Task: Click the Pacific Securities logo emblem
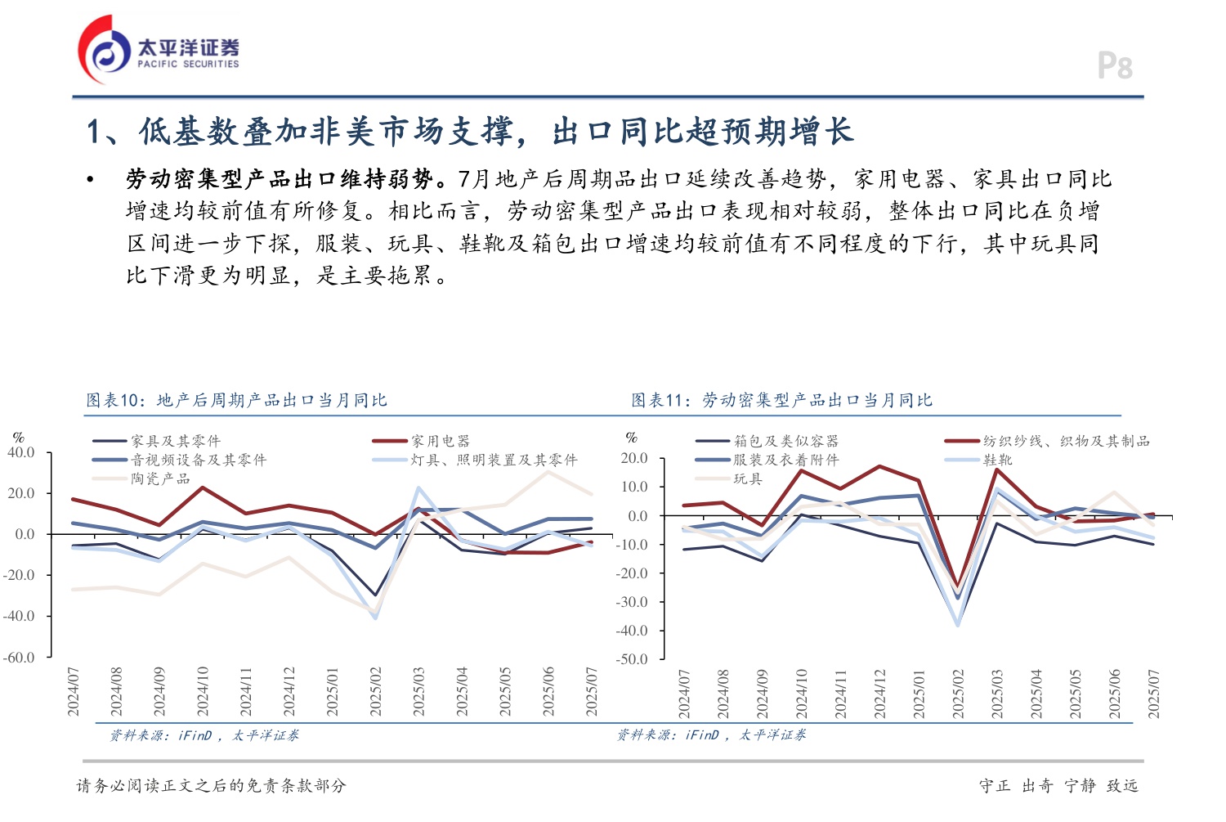point(105,52)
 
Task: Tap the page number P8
point(1115,66)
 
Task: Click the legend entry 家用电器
point(440,441)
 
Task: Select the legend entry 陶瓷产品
point(160,478)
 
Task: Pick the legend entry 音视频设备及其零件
point(199,460)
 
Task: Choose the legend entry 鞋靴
point(997,460)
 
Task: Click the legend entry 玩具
point(747,478)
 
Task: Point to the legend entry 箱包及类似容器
point(785,441)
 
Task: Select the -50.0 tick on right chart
point(632,658)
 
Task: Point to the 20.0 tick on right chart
point(633,458)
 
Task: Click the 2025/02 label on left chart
point(375,692)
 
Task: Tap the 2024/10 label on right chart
point(801,694)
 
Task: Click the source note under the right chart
point(711,734)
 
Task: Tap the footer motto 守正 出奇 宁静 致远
point(1058,785)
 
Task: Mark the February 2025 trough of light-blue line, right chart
point(958,625)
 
